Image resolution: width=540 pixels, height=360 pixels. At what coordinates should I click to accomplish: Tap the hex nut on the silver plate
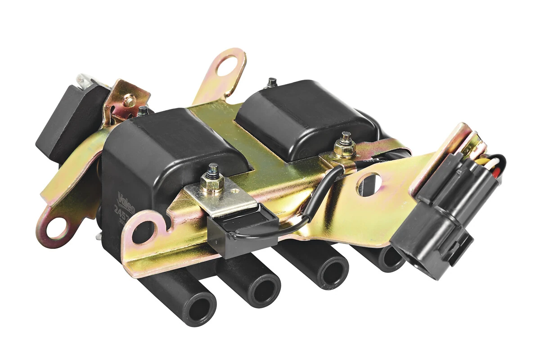coord(212,184)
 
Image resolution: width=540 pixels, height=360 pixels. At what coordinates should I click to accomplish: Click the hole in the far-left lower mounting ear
coord(54,229)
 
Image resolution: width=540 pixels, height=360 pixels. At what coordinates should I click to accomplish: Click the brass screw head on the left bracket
coord(130,101)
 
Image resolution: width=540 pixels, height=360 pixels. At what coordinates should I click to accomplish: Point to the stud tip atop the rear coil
coord(272,82)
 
